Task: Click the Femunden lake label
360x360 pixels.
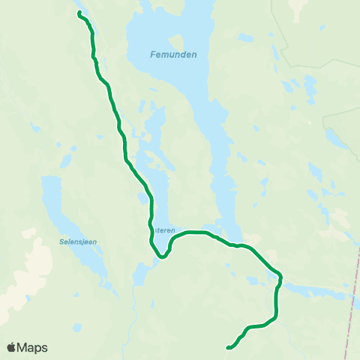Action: click(x=172, y=55)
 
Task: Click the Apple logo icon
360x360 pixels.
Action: click(x=11, y=347)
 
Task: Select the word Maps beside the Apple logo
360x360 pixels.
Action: click(x=32, y=347)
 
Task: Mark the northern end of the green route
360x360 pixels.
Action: click(x=79, y=13)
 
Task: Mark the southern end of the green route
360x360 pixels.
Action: click(x=227, y=347)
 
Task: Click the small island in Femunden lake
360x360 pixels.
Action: click(x=178, y=41)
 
